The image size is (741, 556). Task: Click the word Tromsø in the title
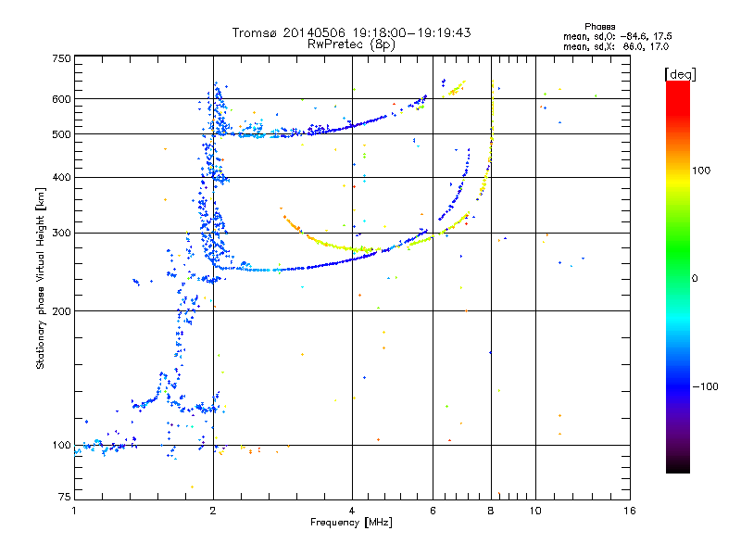coord(256,32)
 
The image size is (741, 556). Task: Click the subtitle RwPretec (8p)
coord(351,44)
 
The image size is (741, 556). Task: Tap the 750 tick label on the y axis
coord(61,58)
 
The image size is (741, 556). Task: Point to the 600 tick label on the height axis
coord(61,99)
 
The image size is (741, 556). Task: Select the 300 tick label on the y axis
coord(61,234)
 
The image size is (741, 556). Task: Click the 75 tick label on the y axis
coord(65,497)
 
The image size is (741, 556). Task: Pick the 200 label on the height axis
coord(61,311)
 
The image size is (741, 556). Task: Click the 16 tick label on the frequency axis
coord(630,511)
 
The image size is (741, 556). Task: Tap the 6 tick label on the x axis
coord(433,511)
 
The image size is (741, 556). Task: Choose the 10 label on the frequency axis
coord(535,511)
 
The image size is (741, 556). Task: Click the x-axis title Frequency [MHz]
coord(351,523)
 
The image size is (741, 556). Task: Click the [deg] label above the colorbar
coord(680,75)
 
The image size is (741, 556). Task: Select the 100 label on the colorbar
coord(701,171)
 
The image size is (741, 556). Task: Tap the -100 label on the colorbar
coord(706,386)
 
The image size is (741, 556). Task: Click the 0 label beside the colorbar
coord(695,279)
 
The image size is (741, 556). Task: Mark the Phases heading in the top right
coord(599,27)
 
